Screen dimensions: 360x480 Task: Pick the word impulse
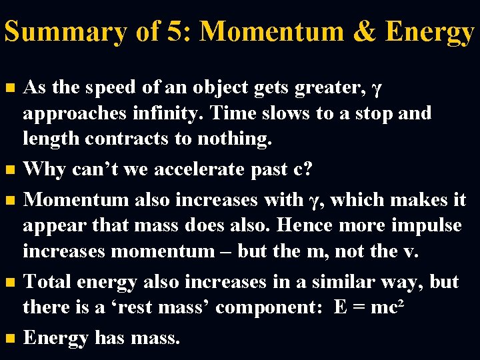425,225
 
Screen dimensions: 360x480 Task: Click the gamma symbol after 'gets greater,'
377,88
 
